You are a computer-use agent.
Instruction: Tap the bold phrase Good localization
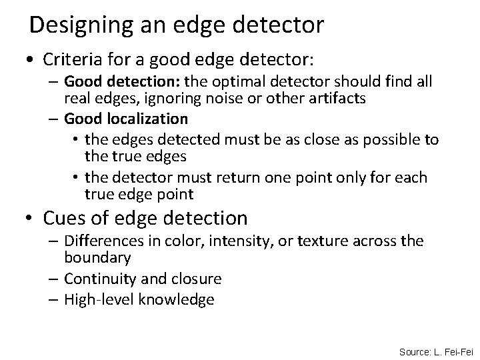(126, 119)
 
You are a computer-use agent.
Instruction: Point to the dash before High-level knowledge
(54, 300)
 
